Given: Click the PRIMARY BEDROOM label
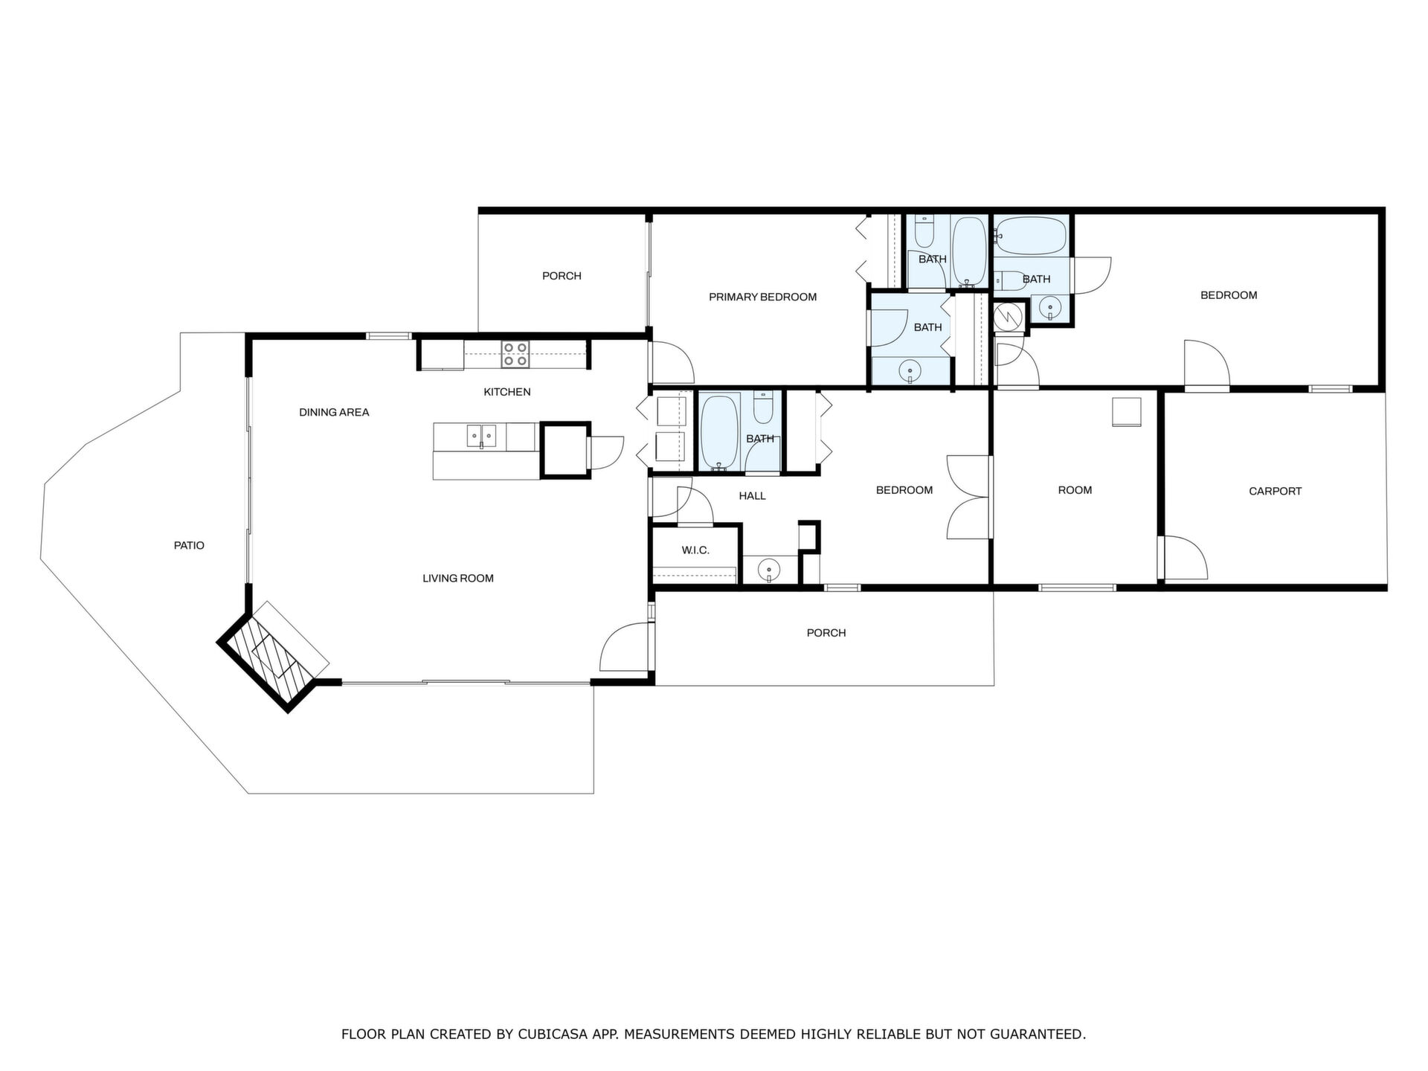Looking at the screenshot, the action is pyautogui.click(x=762, y=297).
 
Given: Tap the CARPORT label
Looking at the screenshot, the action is pyautogui.click(x=1275, y=491).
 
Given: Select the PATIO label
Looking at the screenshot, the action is pyautogui.click(x=189, y=545).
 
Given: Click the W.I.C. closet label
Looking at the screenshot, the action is pyautogui.click(x=695, y=550).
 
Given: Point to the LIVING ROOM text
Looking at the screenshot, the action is pyautogui.click(x=458, y=578).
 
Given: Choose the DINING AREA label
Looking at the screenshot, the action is pyautogui.click(x=334, y=412).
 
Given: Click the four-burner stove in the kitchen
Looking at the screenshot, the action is pyautogui.click(x=515, y=354).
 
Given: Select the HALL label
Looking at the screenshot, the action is pyautogui.click(x=752, y=496).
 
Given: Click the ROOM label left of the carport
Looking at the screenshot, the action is pyautogui.click(x=1075, y=490).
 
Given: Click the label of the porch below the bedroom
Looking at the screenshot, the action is pyautogui.click(x=826, y=633).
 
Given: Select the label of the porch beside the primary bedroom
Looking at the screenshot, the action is pyautogui.click(x=562, y=276).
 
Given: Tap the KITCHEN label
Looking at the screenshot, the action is pyautogui.click(x=507, y=392).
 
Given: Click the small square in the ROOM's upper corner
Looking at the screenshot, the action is pyautogui.click(x=1126, y=412).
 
